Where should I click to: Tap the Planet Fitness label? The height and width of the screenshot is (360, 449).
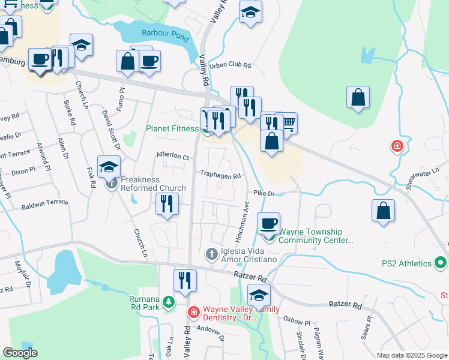tap(172, 128)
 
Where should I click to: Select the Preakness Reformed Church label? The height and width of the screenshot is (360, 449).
tap(153, 184)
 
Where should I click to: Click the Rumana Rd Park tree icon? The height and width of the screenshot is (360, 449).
tap(169, 302)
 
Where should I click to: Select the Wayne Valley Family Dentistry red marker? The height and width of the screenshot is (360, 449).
tap(193, 312)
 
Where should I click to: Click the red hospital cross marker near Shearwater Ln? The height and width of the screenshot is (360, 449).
tap(396, 146)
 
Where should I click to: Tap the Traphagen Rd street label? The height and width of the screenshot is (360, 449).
tap(221, 176)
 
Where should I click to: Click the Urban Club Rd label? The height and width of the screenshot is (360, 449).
tap(229, 65)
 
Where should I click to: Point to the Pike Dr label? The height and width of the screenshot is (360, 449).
tap(264, 194)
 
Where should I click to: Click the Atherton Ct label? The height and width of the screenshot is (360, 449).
tap(173, 157)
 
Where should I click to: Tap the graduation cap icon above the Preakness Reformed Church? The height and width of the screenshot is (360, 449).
tap(109, 167)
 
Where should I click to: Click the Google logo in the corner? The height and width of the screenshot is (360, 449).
tap(20, 353)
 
